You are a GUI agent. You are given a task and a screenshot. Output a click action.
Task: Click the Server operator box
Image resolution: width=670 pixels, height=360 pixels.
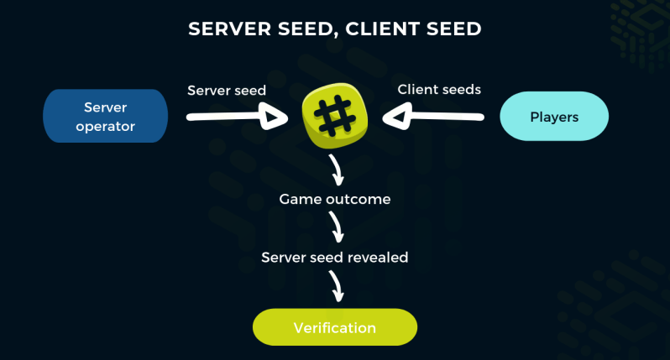click(105, 116)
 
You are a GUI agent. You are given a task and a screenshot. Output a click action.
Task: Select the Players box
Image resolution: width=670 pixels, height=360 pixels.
click(554, 117)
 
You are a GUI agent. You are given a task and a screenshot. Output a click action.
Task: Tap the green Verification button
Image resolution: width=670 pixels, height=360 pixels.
click(334, 326)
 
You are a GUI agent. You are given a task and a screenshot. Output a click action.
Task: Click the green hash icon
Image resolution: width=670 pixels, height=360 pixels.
click(334, 117)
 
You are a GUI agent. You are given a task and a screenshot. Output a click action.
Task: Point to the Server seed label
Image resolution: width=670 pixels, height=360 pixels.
click(226, 91)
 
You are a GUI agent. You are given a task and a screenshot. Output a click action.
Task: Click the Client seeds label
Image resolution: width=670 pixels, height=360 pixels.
click(439, 90)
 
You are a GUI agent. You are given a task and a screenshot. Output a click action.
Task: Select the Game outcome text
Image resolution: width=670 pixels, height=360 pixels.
click(334, 200)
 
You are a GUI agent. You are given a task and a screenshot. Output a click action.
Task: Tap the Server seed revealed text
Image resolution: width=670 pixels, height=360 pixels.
click(334, 258)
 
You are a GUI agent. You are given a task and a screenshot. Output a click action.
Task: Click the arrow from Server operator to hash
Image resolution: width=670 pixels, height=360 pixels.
click(235, 117)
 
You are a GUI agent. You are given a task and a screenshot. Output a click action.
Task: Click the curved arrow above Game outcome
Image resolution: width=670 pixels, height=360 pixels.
click(337, 170)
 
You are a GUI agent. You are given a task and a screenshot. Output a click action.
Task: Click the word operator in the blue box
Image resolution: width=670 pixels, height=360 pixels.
click(105, 126)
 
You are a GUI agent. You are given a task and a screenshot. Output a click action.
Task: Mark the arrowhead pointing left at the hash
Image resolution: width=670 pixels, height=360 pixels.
click(395, 117)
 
